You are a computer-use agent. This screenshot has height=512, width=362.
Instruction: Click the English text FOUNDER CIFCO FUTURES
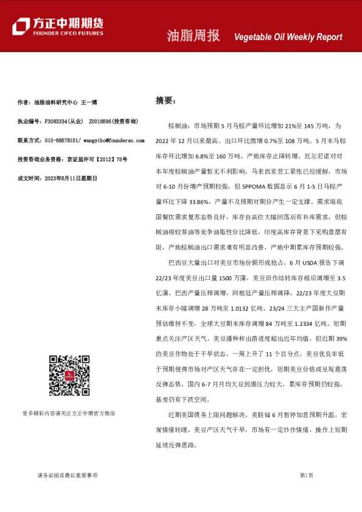68,34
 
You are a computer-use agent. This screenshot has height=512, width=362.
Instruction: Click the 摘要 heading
165,100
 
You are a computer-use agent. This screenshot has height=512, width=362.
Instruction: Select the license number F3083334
57,121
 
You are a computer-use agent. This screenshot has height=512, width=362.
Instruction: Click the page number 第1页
306,475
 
